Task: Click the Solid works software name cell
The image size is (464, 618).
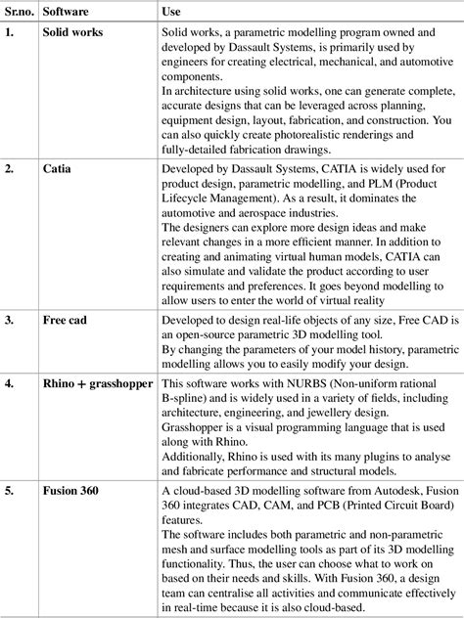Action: [74, 33]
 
